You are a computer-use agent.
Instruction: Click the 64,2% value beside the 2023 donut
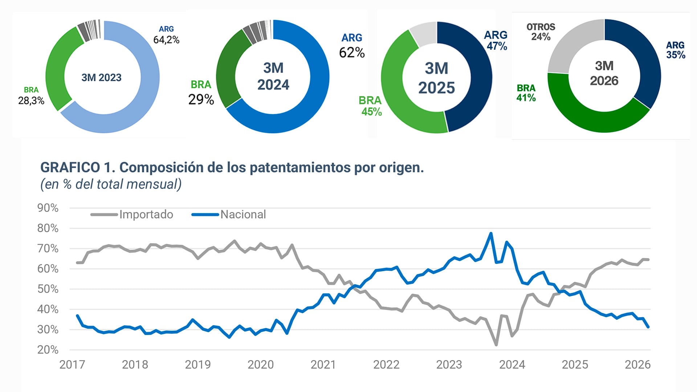(x=166, y=40)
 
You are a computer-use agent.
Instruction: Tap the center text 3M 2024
(x=273, y=76)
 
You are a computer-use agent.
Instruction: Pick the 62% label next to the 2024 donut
(x=351, y=53)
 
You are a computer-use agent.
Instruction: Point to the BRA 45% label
(x=370, y=106)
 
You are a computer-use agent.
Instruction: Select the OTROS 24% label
(x=541, y=32)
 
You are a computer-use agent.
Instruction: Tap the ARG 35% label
(x=675, y=50)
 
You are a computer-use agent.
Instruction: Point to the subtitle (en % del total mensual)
(x=111, y=184)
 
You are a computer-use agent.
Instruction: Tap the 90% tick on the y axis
(x=48, y=208)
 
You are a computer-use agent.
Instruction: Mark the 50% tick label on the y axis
(x=48, y=289)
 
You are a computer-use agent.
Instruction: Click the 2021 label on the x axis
(x=323, y=364)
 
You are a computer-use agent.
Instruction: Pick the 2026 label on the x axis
(x=637, y=364)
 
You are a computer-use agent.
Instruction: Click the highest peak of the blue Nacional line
(x=491, y=233)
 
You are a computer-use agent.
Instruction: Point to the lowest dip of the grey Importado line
(x=496, y=344)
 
